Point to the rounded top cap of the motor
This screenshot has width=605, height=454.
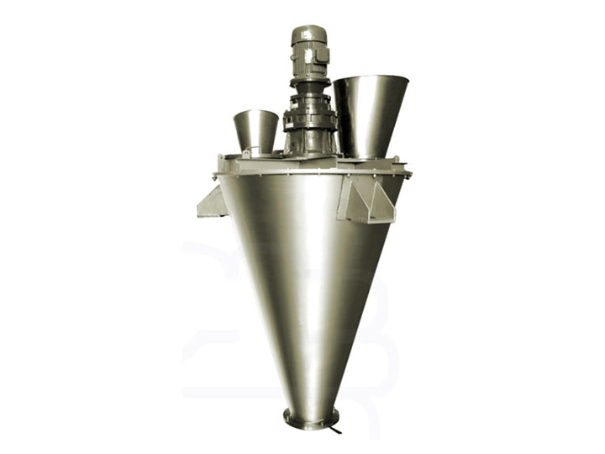(x=308, y=31)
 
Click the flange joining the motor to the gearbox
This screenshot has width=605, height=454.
(x=308, y=82)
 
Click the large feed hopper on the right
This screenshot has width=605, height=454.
(x=370, y=113)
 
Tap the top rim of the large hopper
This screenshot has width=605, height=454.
(x=371, y=79)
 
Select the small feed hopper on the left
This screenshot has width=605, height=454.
(x=255, y=130)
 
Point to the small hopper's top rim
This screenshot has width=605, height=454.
(x=255, y=113)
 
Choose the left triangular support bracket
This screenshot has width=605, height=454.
(x=212, y=203)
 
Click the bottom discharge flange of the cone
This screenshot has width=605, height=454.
(x=311, y=417)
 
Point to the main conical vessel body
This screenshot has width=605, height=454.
(x=307, y=269)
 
